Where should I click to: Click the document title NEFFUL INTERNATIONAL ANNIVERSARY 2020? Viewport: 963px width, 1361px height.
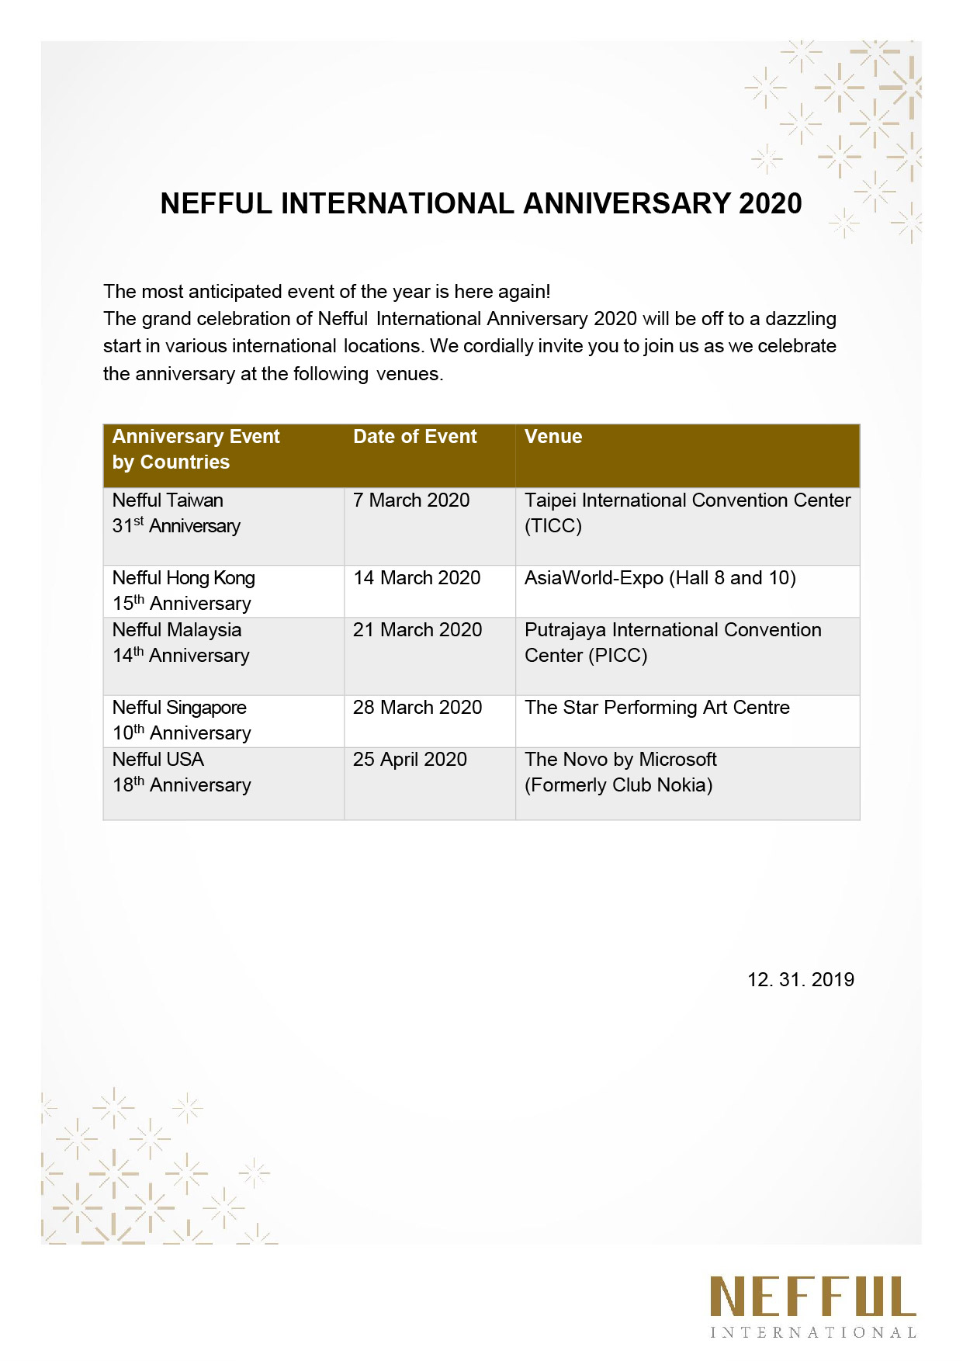tap(481, 203)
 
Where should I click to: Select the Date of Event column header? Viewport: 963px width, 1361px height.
tap(414, 437)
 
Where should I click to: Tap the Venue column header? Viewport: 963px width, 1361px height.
tap(553, 437)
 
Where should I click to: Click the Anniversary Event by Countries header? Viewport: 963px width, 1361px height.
tap(196, 449)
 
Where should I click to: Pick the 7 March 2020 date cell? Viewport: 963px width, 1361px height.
tap(411, 500)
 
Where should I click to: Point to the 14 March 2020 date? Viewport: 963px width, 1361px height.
tap(417, 578)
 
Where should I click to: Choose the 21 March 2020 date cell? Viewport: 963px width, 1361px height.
tap(417, 630)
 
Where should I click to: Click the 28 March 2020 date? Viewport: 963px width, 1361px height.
tap(417, 708)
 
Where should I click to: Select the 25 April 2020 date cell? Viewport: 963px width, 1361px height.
tap(410, 760)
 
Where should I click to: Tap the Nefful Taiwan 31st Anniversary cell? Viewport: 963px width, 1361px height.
tap(176, 513)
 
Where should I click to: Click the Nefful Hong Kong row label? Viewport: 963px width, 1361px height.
tap(183, 590)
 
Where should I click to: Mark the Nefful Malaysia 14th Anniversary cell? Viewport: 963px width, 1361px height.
tap(180, 642)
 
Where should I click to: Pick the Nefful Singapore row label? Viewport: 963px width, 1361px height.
tap(181, 720)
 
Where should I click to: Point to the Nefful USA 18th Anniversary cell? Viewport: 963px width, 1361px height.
tap(181, 772)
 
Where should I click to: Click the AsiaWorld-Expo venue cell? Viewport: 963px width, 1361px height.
tap(660, 578)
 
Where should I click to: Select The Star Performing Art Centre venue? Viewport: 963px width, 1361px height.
tap(656, 708)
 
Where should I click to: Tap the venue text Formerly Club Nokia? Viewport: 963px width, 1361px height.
tap(618, 785)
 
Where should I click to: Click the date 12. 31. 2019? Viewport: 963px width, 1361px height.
tap(800, 980)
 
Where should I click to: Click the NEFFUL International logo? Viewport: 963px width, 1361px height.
tap(812, 1307)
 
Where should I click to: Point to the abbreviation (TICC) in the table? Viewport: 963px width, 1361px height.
tap(553, 526)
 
